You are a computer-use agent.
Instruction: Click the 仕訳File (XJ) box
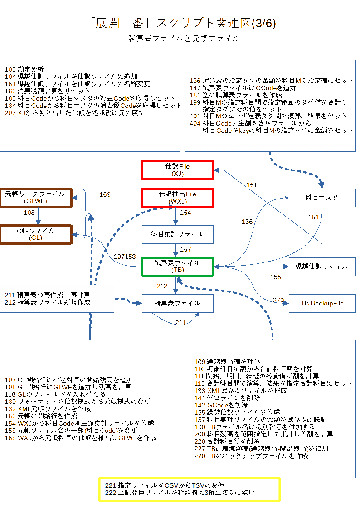[x=177, y=170]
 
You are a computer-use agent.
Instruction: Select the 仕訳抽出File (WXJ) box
[x=177, y=198]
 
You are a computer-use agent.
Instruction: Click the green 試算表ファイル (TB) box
[x=177, y=266]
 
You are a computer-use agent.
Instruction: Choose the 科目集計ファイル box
[x=177, y=234]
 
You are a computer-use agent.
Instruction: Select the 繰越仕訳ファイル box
[x=322, y=266]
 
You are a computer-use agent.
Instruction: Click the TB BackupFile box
[x=322, y=303]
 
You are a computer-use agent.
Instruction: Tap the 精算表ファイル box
[x=177, y=303]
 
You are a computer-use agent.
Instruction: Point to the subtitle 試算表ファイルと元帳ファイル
[x=183, y=39]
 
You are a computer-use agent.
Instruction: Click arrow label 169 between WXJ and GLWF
[x=105, y=194]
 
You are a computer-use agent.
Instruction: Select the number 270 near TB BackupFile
[x=278, y=300]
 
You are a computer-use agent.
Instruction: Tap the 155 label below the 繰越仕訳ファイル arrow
[x=276, y=276]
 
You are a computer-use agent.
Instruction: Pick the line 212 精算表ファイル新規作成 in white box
[x=48, y=302]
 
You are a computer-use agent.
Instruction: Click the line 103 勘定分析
[x=25, y=69]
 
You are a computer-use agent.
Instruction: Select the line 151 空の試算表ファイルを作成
[x=236, y=95]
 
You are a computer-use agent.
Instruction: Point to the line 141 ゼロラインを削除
[x=227, y=398]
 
